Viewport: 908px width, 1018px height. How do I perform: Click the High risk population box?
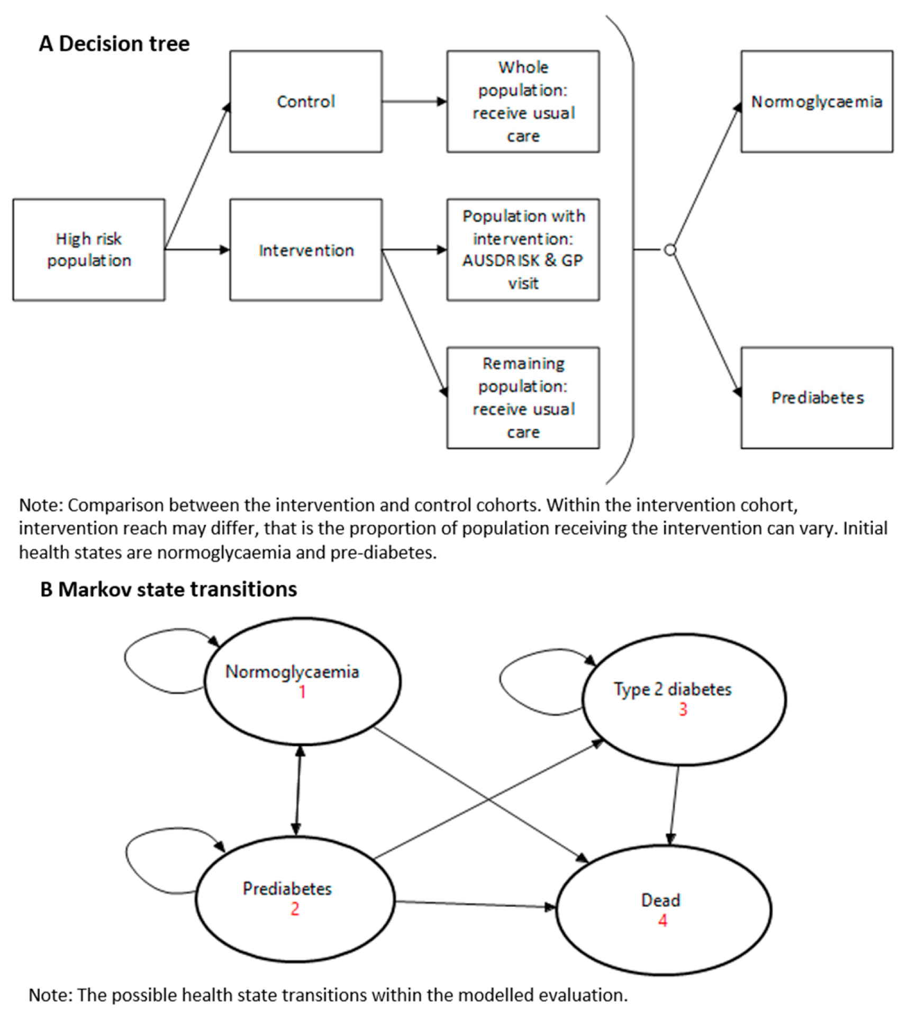pos(89,249)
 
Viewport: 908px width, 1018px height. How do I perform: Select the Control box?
pos(305,101)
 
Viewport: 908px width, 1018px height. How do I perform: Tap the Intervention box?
pos(305,249)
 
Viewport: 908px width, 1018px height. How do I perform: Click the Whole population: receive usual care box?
pos(522,101)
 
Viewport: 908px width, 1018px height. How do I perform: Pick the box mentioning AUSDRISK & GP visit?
pos(522,249)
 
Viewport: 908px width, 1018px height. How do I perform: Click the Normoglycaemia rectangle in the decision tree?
pos(816,101)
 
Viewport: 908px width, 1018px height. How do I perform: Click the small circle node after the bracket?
pos(669,249)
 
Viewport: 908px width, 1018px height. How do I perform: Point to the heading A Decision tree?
pos(114,43)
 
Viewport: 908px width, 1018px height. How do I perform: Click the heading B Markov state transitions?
pos(168,589)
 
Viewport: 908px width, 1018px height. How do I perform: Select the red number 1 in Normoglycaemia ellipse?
pos(302,691)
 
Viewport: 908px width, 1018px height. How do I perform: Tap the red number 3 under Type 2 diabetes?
pos(683,709)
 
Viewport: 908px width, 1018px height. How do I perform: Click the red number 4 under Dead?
pos(662,921)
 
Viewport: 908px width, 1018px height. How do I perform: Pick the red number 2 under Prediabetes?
pos(295,908)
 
